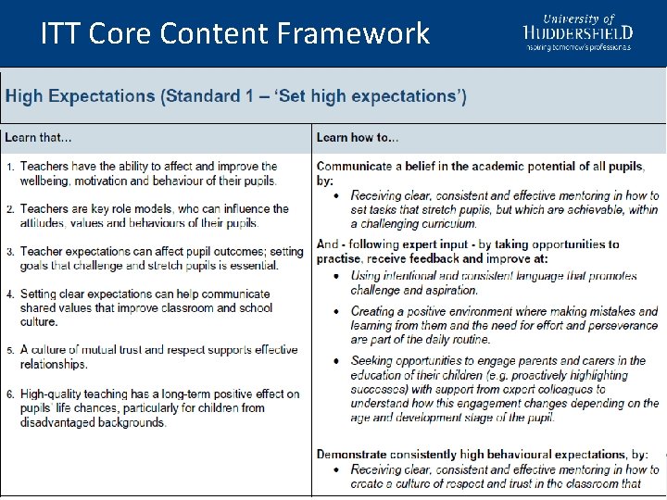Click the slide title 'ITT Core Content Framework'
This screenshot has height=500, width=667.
[x=235, y=34]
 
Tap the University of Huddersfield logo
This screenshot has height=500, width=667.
[x=578, y=31]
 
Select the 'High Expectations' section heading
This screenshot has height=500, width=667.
[x=236, y=96]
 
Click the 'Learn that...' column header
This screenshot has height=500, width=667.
[x=38, y=138]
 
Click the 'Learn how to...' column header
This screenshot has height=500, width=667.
[x=358, y=138]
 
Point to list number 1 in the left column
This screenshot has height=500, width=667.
[x=10, y=167]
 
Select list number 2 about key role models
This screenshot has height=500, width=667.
[x=10, y=209]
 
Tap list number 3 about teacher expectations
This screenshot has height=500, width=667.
[x=10, y=252]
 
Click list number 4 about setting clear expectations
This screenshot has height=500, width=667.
[x=10, y=294]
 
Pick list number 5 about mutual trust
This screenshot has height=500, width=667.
[x=10, y=351]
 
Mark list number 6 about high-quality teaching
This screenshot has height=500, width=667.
[x=10, y=394]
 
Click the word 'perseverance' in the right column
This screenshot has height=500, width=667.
[x=621, y=326]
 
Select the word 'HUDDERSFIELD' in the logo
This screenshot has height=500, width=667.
[x=578, y=32]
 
